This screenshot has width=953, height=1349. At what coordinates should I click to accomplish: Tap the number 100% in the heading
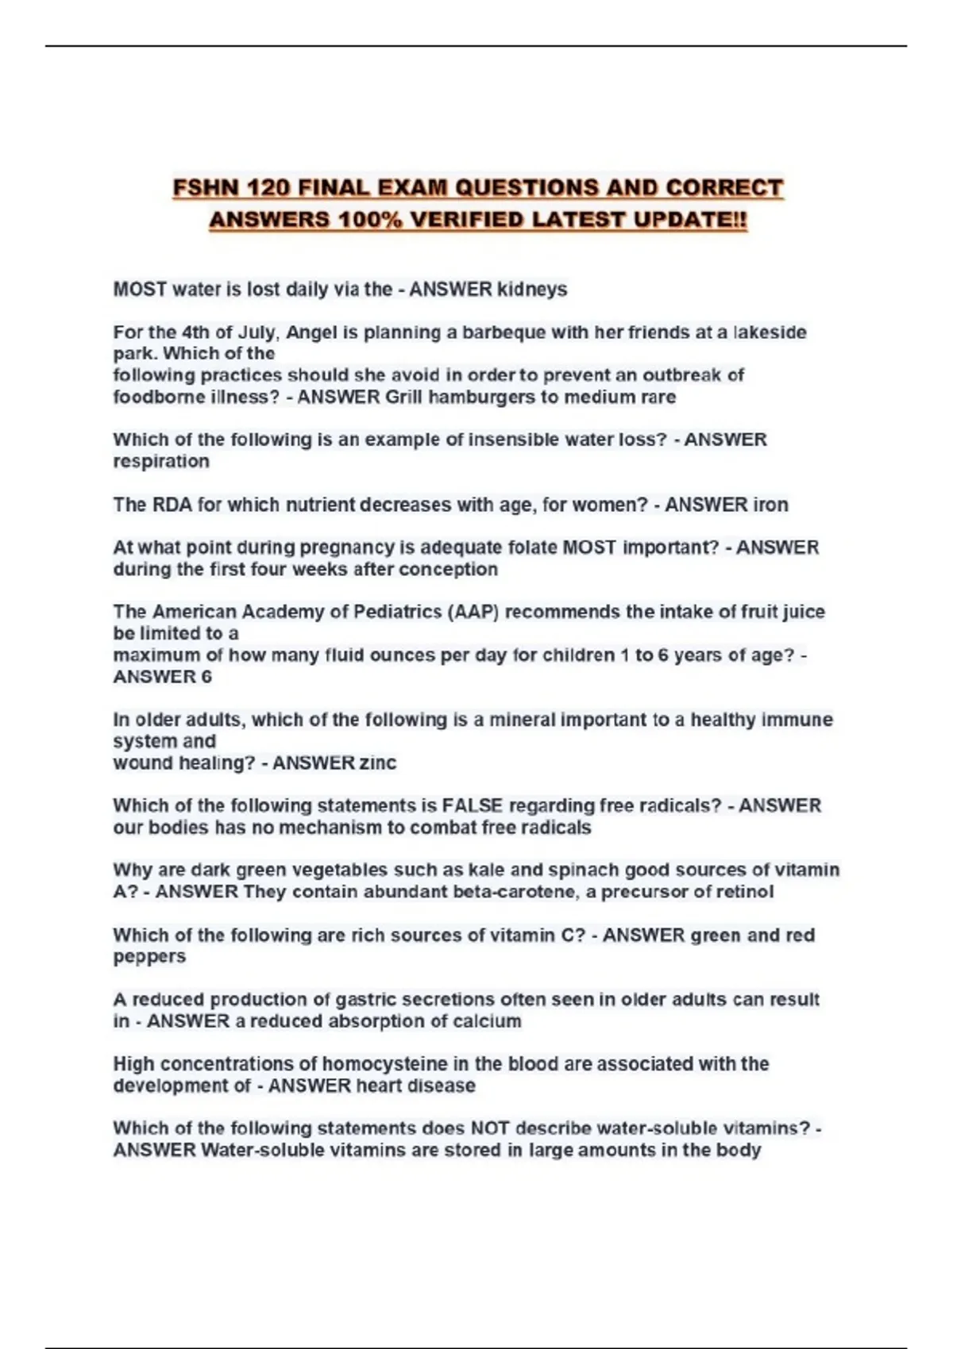pos(370,220)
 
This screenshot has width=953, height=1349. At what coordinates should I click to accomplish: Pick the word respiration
pos(161,461)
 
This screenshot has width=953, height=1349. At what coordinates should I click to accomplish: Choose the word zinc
pos(378,763)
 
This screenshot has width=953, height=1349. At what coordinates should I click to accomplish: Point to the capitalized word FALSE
pos(473,805)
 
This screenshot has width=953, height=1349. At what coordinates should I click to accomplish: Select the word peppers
pos(149,956)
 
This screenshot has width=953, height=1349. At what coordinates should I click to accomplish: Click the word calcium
pos(487,1020)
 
